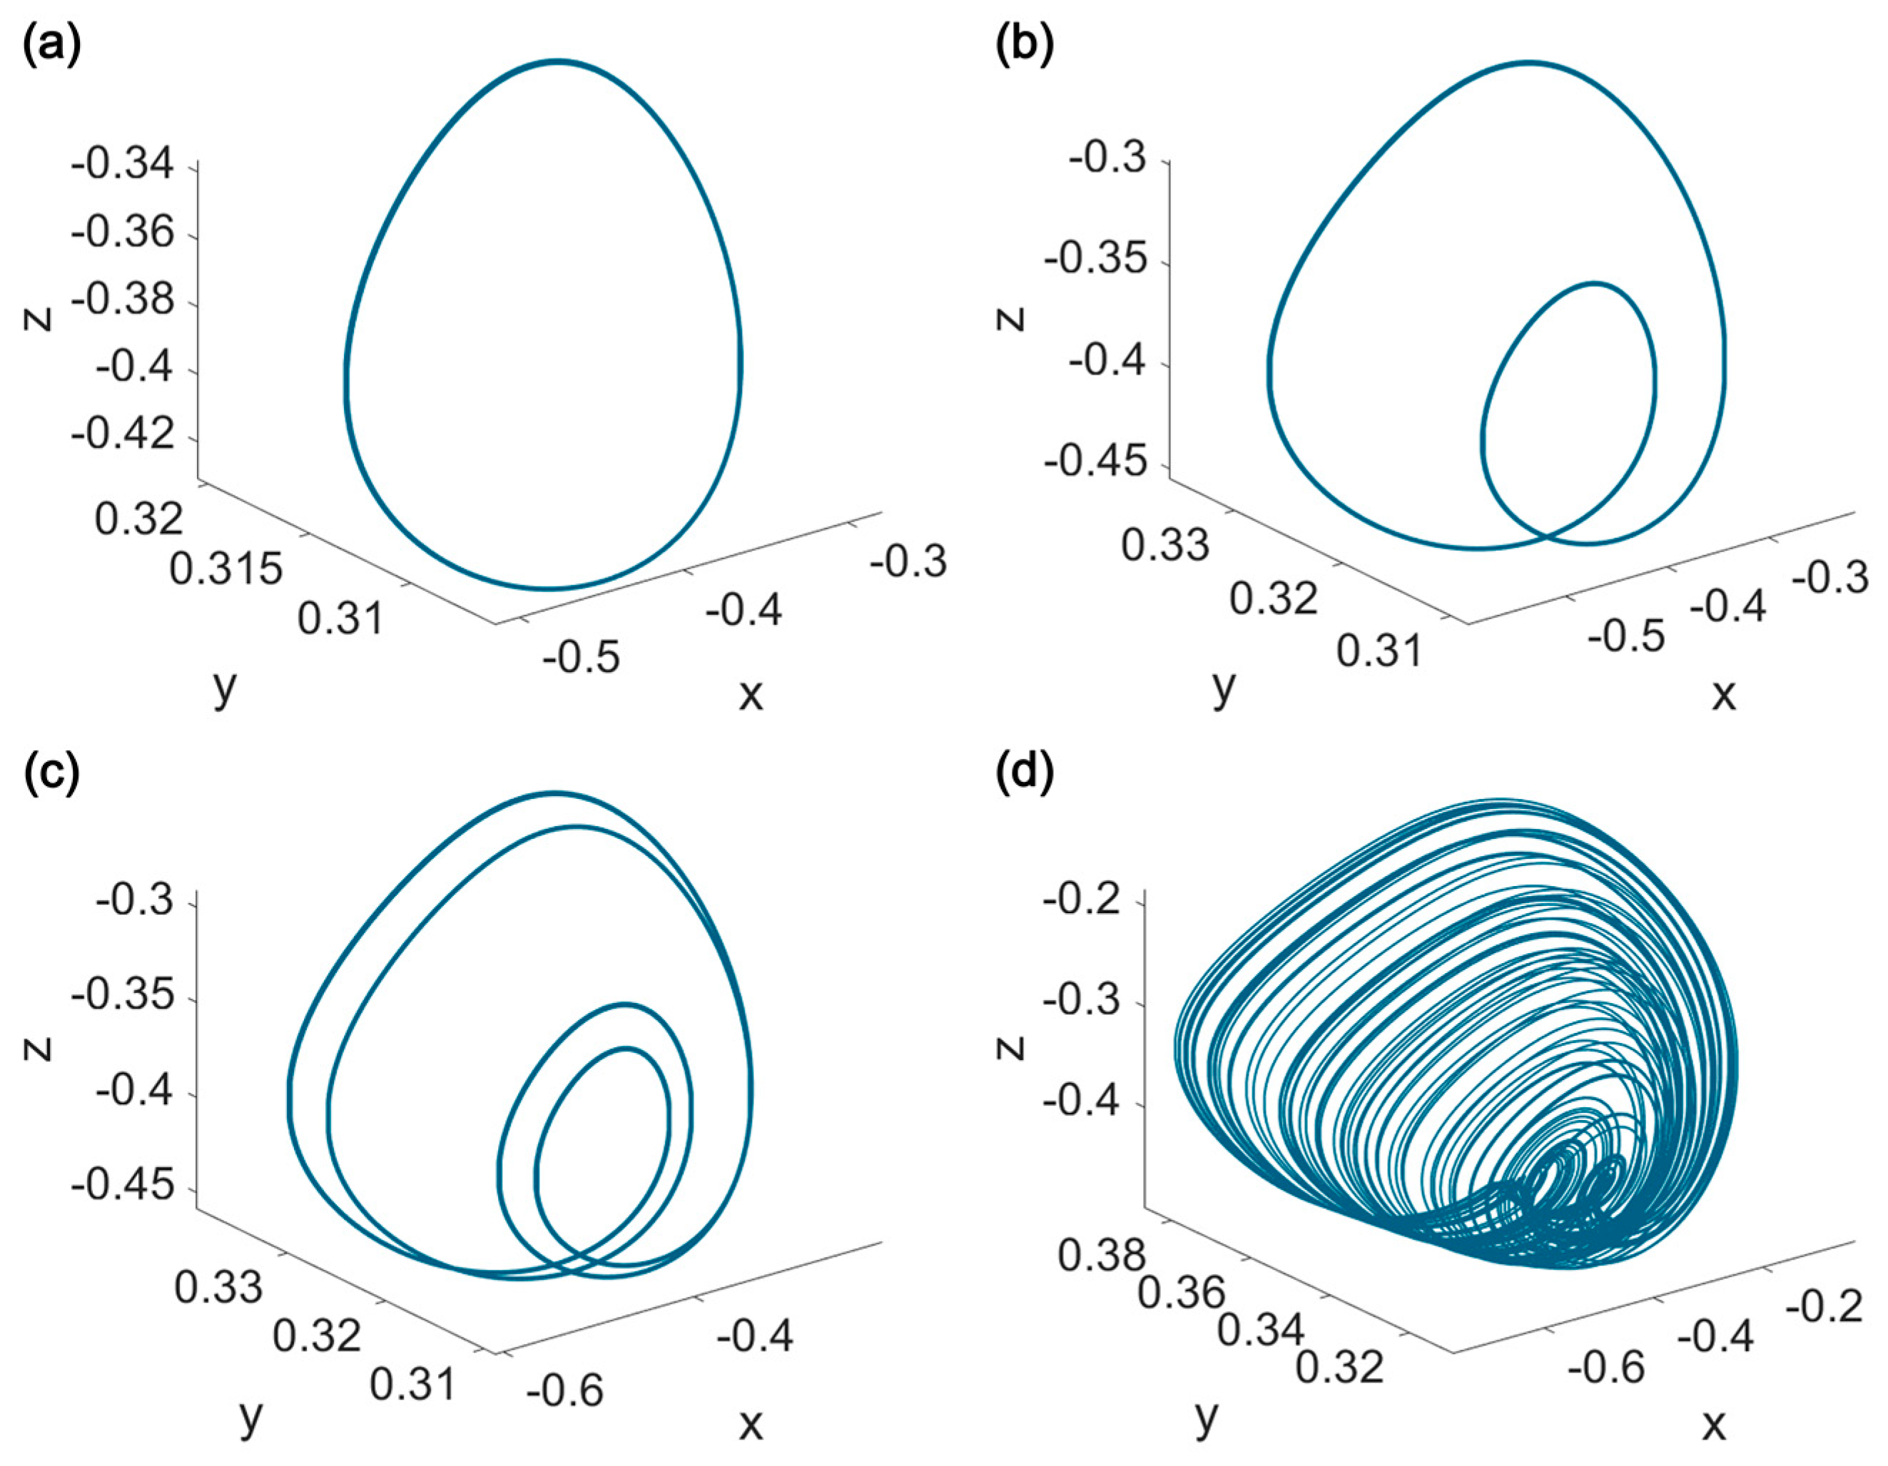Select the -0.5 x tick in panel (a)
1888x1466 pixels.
click(x=582, y=657)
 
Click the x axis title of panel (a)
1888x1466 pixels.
click(x=751, y=694)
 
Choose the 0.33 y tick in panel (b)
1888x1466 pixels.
click(x=1164, y=546)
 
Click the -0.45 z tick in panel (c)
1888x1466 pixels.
click(x=123, y=1185)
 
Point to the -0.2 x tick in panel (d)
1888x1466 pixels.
click(x=1824, y=1307)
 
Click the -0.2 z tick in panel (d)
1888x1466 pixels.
click(x=1082, y=903)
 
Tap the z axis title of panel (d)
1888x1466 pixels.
click(x=1010, y=1048)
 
